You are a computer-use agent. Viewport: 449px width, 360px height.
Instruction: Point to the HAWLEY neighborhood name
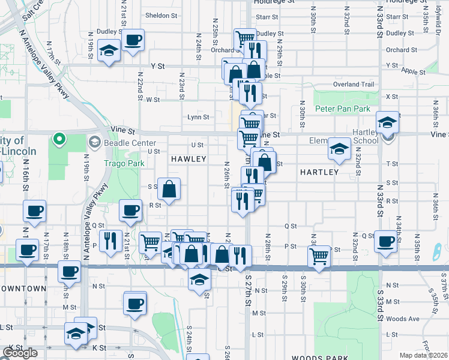pos(188,159)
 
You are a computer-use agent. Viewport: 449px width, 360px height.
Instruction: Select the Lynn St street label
pos(198,117)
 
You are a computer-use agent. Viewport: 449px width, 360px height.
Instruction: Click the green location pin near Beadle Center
pos(59,140)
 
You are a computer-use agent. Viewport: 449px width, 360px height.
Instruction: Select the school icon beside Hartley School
pos(388,123)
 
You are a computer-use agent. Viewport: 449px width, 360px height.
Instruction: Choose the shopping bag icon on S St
pos(170,189)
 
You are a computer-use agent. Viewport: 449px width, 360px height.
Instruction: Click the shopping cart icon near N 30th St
pos(319,257)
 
